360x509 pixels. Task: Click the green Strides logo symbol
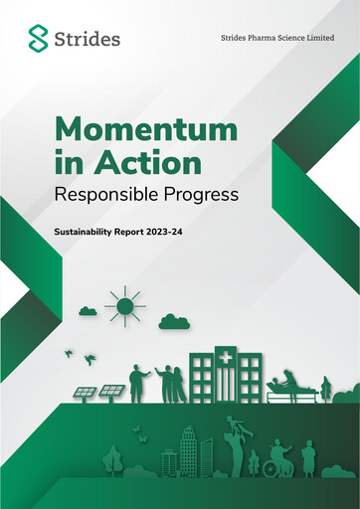38,39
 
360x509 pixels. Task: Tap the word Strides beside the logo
89,40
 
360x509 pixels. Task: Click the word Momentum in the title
146,129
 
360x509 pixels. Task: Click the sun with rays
125,305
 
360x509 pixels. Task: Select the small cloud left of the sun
88,311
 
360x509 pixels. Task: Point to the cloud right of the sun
173,320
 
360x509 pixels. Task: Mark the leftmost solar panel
86,393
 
